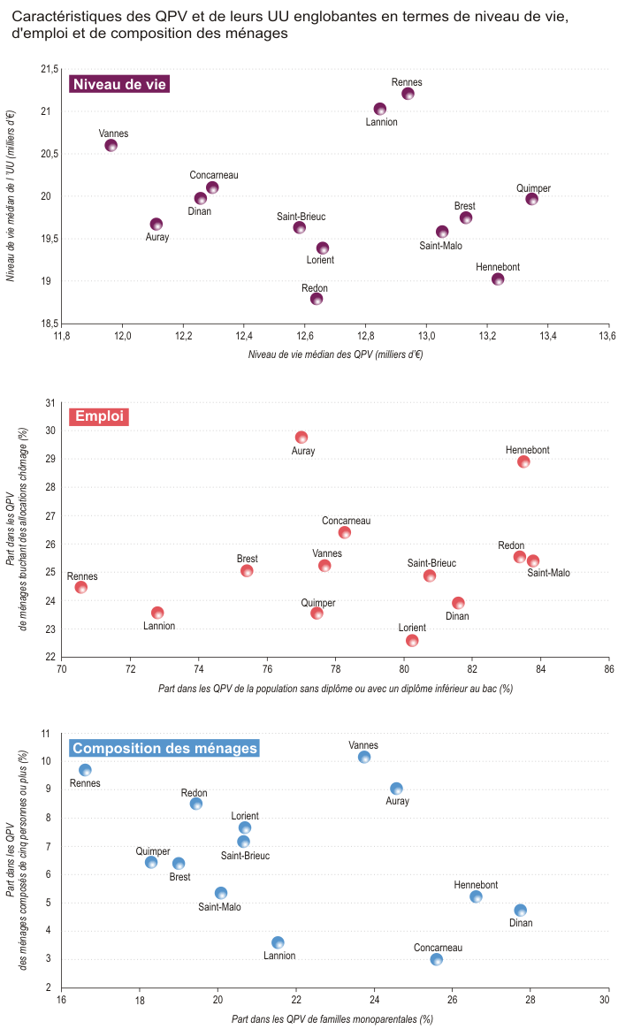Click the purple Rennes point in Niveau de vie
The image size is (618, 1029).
408,94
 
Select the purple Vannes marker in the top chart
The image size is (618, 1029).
111,145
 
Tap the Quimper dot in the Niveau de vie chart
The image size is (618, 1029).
531,199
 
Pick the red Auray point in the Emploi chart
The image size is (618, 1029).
301,438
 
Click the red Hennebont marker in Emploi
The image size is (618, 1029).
523,461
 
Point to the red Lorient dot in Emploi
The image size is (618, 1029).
412,640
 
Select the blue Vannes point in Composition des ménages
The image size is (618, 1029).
364,757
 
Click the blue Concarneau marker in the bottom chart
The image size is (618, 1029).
436,959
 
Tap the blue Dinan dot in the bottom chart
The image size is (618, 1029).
521,911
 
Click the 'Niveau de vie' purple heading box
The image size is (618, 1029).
119,84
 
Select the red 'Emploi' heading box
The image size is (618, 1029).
99,416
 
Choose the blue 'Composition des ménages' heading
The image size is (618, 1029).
164,748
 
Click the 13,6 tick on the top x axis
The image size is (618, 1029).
607,337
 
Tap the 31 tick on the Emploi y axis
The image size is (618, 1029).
50,402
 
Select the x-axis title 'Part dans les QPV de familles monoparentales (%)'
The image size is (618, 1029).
332,1018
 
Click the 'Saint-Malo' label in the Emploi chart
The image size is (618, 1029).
548,573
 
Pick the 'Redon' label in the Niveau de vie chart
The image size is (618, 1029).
315,288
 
